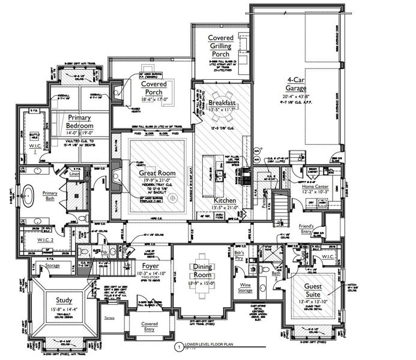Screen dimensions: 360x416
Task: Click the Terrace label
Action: [109, 317]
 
